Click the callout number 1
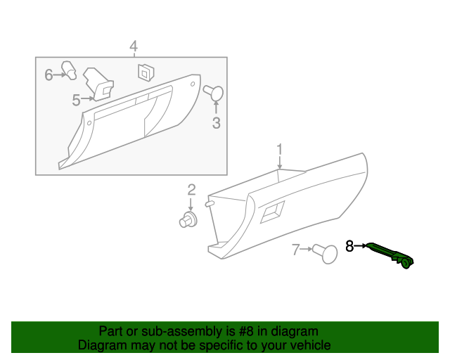pos(279,149)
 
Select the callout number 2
pos(191,189)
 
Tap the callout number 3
pos(216,124)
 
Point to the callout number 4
pos(133,46)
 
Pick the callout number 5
pos(76,100)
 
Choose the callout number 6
pos(49,74)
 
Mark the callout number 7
pos(296,249)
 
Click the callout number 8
pos(349,246)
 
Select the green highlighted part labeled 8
pos(391,255)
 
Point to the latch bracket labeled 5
pos(98,84)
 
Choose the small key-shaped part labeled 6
pos(69,69)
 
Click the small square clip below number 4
pos(146,72)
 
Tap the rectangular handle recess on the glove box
pos(272,212)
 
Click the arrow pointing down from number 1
pos(279,162)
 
